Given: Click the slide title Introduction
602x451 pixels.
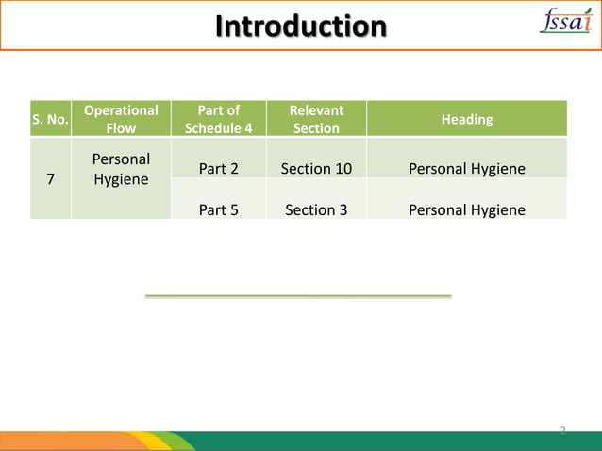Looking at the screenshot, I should click(300, 25).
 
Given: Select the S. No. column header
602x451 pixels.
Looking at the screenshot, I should click(49, 119).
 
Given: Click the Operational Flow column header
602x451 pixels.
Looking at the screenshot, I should click(121, 119).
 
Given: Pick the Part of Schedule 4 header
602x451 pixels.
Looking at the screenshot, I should click(218, 119).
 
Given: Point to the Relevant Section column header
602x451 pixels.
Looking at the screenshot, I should click(316, 119).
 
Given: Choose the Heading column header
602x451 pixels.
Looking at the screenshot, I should click(466, 119).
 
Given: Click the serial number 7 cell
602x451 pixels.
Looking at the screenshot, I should click(49, 178).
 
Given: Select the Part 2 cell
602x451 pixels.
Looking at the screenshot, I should click(218, 169).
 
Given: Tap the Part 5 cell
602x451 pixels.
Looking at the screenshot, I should click(218, 209).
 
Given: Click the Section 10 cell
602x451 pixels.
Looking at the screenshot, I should click(316, 169).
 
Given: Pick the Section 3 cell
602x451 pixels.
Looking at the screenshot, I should click(316, 209).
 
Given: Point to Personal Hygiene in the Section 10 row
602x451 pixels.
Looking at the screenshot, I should click(466, 169).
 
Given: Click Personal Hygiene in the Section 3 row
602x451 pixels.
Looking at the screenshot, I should click(466, 209).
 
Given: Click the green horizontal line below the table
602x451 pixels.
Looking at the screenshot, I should click(298, 296).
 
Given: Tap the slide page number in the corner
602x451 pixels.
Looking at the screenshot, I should click(562, 431).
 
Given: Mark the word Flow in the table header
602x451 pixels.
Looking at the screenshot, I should click(121, 128).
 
